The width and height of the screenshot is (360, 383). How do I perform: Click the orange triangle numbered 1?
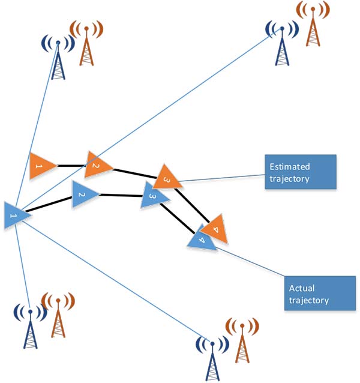[x=40, y=166]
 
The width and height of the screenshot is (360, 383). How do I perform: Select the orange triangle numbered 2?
[x=97, y=165]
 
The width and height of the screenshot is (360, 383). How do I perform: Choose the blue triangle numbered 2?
[x=84, y=195]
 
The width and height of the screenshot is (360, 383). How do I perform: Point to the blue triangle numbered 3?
[x=154, y=196]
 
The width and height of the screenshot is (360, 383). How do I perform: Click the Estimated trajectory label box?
[x=300, y=172]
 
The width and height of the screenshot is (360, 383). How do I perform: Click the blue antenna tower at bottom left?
[x=29, y=327]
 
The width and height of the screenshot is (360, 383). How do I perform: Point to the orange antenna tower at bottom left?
[x=58, y=315]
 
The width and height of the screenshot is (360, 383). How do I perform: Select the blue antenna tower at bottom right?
[x=213, y=357]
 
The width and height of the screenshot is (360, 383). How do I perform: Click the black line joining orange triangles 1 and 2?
[x=71, y=165]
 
